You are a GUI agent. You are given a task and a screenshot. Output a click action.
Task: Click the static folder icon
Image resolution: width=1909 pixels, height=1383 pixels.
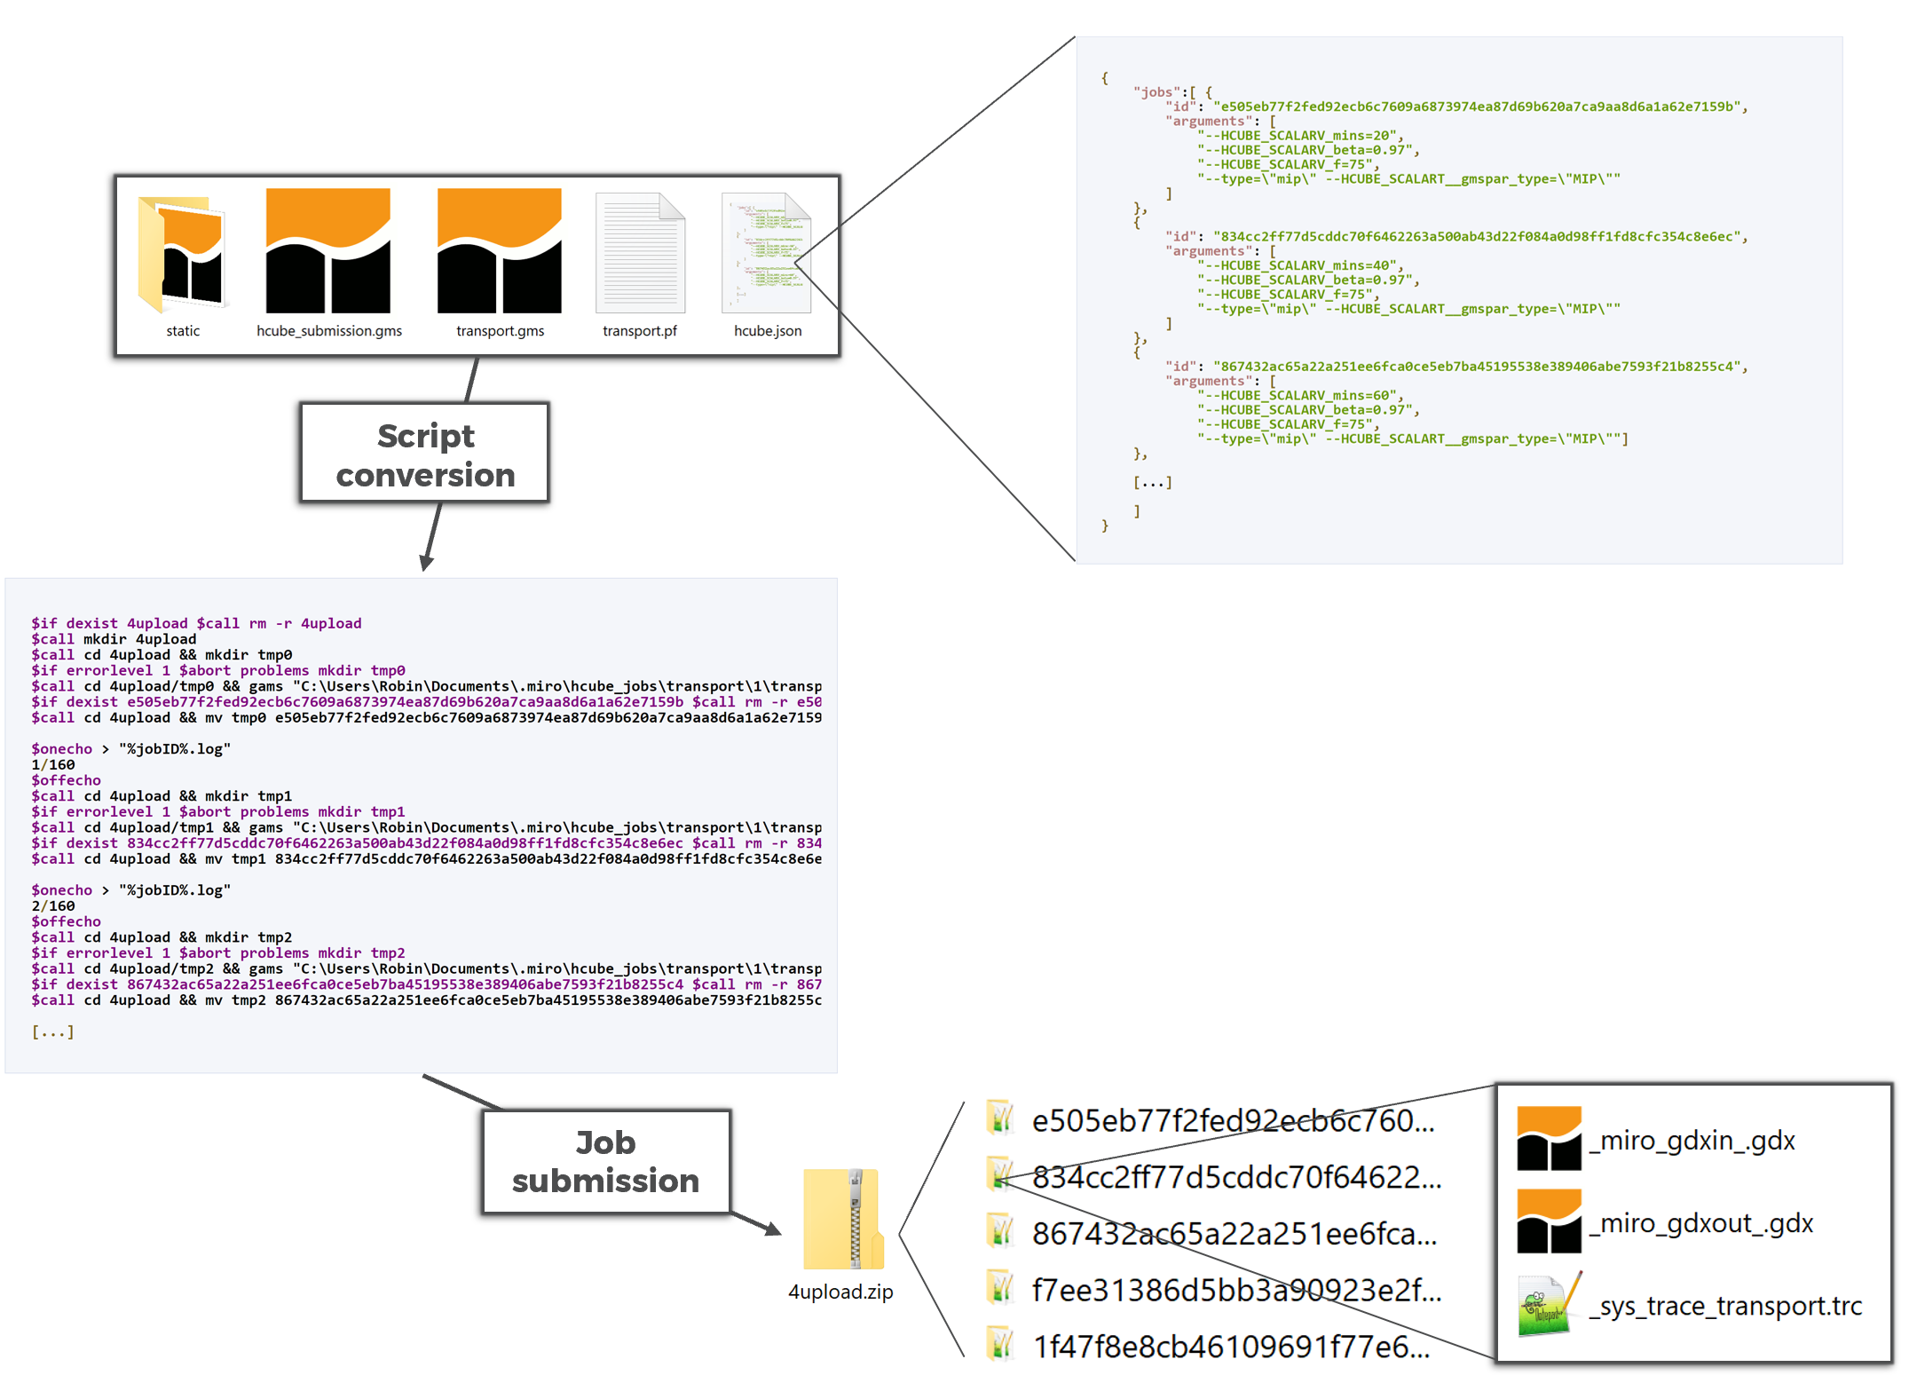[181, 254]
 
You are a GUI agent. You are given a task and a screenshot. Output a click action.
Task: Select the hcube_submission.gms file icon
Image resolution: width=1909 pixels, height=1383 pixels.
[328, 251]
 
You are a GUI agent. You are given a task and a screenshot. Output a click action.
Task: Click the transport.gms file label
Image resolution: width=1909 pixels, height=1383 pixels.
[500, 331]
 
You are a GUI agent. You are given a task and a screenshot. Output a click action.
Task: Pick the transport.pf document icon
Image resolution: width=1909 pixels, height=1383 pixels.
[640, 253]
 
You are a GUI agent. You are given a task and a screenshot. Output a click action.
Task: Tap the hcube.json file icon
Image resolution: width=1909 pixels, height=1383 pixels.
[767, 253]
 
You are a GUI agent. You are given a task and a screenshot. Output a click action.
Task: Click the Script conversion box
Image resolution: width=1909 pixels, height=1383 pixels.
[425, 454]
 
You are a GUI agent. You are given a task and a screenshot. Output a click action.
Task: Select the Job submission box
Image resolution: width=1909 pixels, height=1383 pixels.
[606, 1161]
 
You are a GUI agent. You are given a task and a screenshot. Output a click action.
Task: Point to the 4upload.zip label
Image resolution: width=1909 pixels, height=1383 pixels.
[840, 1292]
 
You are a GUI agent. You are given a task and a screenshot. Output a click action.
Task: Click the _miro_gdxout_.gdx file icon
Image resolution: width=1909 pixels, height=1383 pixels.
[1549, 1221]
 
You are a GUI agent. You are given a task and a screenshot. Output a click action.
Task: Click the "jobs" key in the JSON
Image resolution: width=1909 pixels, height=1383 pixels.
[1158, 92]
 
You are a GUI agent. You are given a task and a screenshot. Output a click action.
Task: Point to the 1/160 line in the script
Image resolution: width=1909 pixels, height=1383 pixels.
[53, 765]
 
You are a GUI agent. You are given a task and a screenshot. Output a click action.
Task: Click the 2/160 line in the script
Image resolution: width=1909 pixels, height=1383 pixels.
[53, 906]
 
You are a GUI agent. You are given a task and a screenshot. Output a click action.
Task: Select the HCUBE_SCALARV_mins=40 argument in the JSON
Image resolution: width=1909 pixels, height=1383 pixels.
[1300, 266]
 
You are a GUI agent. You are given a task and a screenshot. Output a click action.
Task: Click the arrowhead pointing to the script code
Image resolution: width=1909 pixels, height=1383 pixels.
[426, 563]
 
